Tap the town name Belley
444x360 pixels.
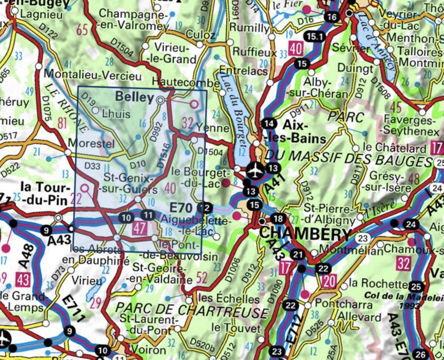coord(134,97)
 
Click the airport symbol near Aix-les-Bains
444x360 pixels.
coord(255,170)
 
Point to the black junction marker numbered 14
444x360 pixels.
coord(269,124)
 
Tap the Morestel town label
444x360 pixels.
coord(91,142)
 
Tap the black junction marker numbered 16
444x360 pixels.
coord(332,17)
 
